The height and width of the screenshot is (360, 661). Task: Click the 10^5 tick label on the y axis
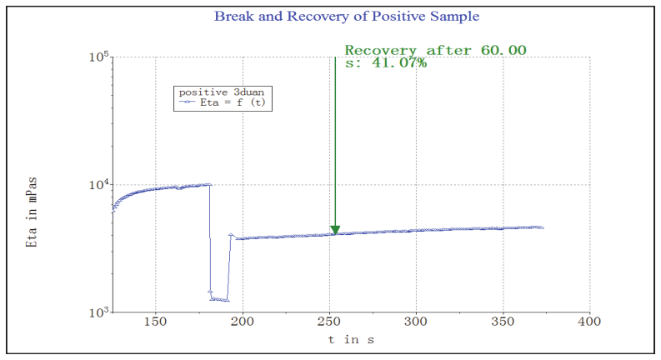coord(100,57)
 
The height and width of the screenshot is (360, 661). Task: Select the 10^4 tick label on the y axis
coord(100,185)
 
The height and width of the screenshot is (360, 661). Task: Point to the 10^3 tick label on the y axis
coord(100,312)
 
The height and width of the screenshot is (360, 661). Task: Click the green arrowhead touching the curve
coord(335,230)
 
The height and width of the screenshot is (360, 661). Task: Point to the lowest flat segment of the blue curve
coord(220,299)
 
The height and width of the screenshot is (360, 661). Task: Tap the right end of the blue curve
coord(543,227)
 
